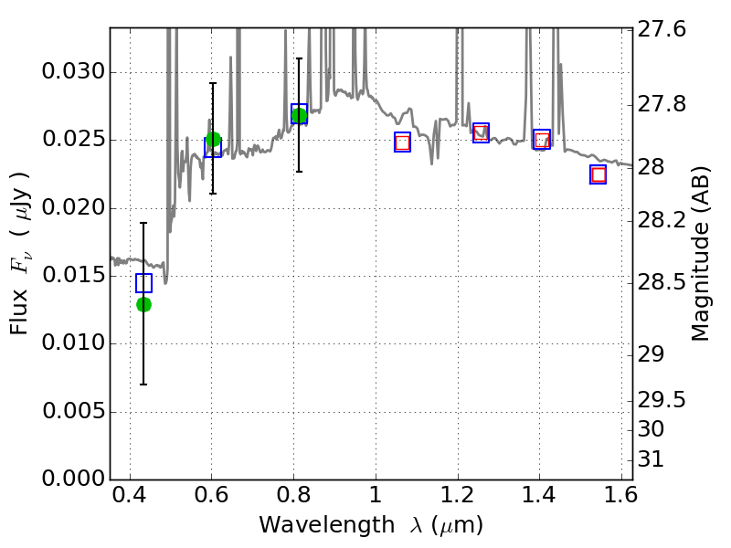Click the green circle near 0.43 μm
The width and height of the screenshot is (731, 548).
(x=143, y=304)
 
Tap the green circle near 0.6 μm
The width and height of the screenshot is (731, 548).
(x=213, y=140)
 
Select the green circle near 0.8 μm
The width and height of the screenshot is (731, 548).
(x=299, y=115)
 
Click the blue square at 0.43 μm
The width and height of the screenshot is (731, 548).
(x=143, y=283)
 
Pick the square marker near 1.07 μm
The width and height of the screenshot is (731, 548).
(x=402, y=142)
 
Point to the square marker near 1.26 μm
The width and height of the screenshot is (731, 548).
(x=481, y=132)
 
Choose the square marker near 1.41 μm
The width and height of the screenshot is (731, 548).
(x=542, y=140)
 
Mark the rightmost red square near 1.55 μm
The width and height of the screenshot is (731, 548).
(x=599, y=174)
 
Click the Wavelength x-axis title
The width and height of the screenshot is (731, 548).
(x=370, y=525)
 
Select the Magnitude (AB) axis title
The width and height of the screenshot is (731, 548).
(x=701, y=253)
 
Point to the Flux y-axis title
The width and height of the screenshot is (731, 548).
(x=19, y=253)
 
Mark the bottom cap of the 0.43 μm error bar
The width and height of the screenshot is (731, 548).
(x=143, y=385)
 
